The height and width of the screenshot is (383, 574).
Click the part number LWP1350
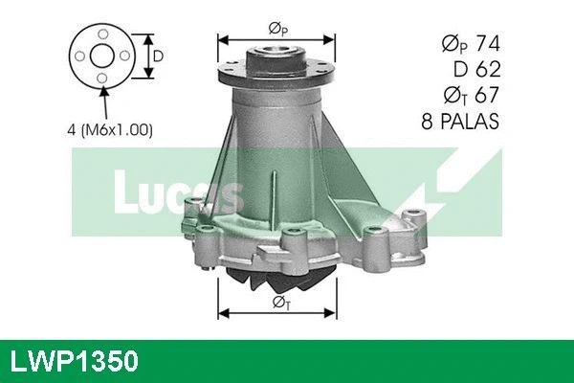pos(76,361)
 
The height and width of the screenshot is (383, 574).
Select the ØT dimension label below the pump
pos(277,304)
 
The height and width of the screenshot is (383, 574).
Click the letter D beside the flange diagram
pos(157,56)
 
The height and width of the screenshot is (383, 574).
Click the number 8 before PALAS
pos(430,122)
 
